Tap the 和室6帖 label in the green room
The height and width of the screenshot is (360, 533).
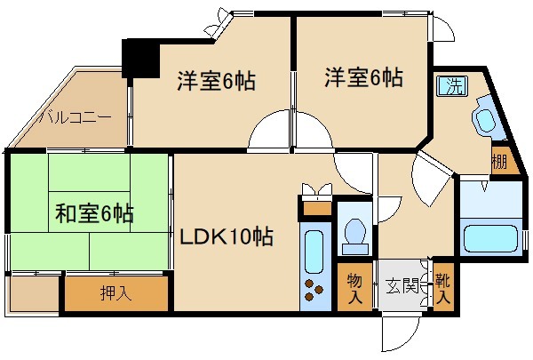click(94, 214)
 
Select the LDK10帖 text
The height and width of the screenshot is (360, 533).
click(227, 237)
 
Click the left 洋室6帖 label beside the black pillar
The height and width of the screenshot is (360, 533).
click(216, 81)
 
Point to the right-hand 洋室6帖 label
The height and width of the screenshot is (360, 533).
click(362, 77)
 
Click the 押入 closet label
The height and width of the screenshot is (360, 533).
click(115, 292)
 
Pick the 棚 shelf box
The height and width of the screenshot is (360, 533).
click(499, 163)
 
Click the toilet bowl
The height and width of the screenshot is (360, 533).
click(355, 233)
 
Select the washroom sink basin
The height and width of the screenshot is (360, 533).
click(485, 122)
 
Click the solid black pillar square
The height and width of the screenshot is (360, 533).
click(139, 60)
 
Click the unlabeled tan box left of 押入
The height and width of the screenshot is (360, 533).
click(34, 292)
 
